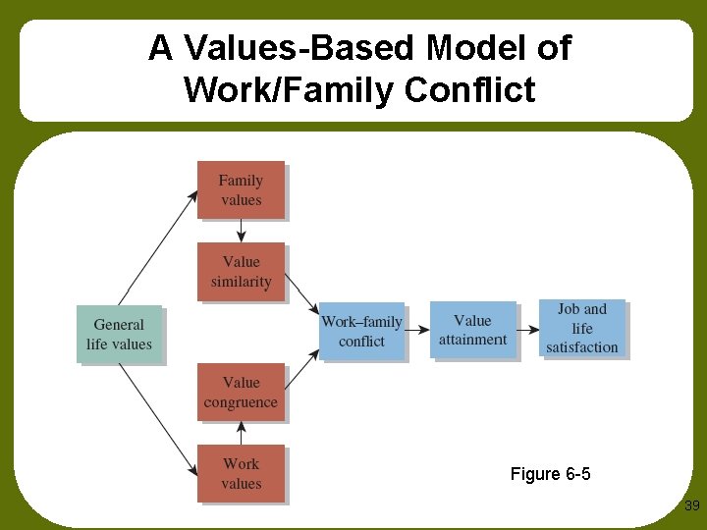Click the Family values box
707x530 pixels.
coord(241,189)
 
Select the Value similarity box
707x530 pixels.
coord(241,272)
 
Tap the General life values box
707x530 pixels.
coord(120,334)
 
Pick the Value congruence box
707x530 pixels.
coord(241,393)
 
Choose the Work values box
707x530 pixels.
coord(241,474)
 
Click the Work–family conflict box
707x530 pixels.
coord(361,331)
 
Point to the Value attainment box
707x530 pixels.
coord(473,330)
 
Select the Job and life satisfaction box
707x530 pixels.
coord(582,328)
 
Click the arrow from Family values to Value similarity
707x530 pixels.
coord(241,231)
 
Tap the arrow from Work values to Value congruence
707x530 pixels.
coord(241,434)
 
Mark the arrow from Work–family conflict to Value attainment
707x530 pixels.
coord(417,329)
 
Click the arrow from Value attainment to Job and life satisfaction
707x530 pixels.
coord(528,329)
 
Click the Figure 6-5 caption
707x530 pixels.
coord(550,474)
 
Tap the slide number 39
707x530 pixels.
coord(691,505)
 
